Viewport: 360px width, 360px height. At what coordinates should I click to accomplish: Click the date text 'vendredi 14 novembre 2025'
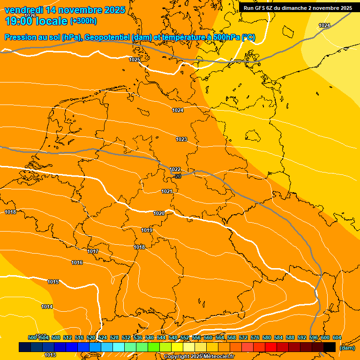[x=65, y=10]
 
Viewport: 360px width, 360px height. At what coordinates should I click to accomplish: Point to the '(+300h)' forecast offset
[x=83, y=21]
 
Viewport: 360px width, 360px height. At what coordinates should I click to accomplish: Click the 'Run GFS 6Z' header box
[x=298, y=8]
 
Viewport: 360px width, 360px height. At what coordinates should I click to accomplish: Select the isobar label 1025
[x=135, y=60]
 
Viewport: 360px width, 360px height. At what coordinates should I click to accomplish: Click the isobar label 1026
[x=30, y=15]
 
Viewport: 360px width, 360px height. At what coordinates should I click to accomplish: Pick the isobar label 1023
[x=181, y=139]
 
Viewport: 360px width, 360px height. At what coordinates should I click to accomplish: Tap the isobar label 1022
[x=175, y=169]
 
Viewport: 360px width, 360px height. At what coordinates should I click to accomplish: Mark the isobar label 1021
[x=166, y=191]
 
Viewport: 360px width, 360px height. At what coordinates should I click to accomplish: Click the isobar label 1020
[x=159, y=213]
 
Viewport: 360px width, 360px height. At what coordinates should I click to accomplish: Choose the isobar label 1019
[x=147, y=230]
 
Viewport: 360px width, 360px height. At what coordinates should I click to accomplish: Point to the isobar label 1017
[x=93, y=252]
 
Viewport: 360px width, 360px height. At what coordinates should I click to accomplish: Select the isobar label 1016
[x=77, y=262]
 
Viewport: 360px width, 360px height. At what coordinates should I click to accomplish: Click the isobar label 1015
[x=53, y=282]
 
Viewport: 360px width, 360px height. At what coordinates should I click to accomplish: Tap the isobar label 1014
[x=47, y=307]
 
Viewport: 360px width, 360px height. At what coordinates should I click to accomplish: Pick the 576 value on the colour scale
[x=255, y=337]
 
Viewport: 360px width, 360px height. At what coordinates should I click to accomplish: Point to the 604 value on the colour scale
[x=337, y=337]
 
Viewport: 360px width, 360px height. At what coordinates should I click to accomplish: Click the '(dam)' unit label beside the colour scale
[x=347, y=348]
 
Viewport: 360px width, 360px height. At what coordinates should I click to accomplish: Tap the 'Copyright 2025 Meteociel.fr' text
[x=199, y=357]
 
